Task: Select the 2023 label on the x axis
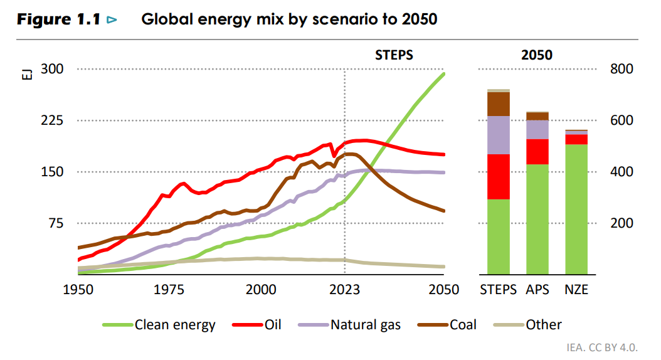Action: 345,290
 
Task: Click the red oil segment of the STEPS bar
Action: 498,176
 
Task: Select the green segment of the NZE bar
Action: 576,209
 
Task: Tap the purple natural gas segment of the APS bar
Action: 537,129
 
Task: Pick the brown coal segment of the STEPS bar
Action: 498,103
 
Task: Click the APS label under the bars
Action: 537,290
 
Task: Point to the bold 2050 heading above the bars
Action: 537,55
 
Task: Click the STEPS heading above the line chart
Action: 394,55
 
